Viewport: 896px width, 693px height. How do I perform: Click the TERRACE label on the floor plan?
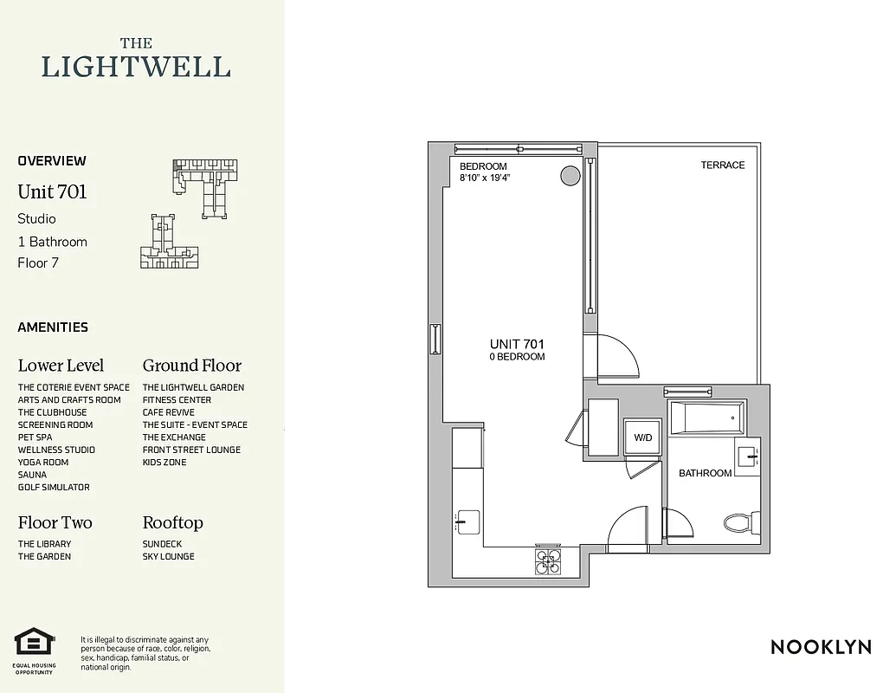click(x=722, y=165)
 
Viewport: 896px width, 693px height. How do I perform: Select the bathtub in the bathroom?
click(x=707, y=418)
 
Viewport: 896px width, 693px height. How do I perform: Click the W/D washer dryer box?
click(x=643, y=437)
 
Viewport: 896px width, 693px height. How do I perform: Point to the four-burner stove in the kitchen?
click(x=547, y=561)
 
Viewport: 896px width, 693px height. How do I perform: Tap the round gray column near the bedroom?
click(x=570, y=176)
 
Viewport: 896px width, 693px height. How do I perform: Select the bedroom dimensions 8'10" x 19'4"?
click(x=485, y=178)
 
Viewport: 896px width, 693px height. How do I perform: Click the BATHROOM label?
click(x=705, y=473)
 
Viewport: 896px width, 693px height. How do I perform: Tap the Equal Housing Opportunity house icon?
click(x=34, y=644)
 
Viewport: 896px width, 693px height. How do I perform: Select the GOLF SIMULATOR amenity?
click(x=54, y=488)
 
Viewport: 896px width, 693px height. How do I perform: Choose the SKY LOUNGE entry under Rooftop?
click(x=168, y=556)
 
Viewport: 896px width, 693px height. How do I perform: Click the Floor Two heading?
click(x=55, y=522)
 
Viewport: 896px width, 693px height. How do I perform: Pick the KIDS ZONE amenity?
click(x=164, y=463)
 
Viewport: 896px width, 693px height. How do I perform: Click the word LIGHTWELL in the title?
click(x=136, y=67)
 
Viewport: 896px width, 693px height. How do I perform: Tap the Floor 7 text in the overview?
click(x=38, y=262)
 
